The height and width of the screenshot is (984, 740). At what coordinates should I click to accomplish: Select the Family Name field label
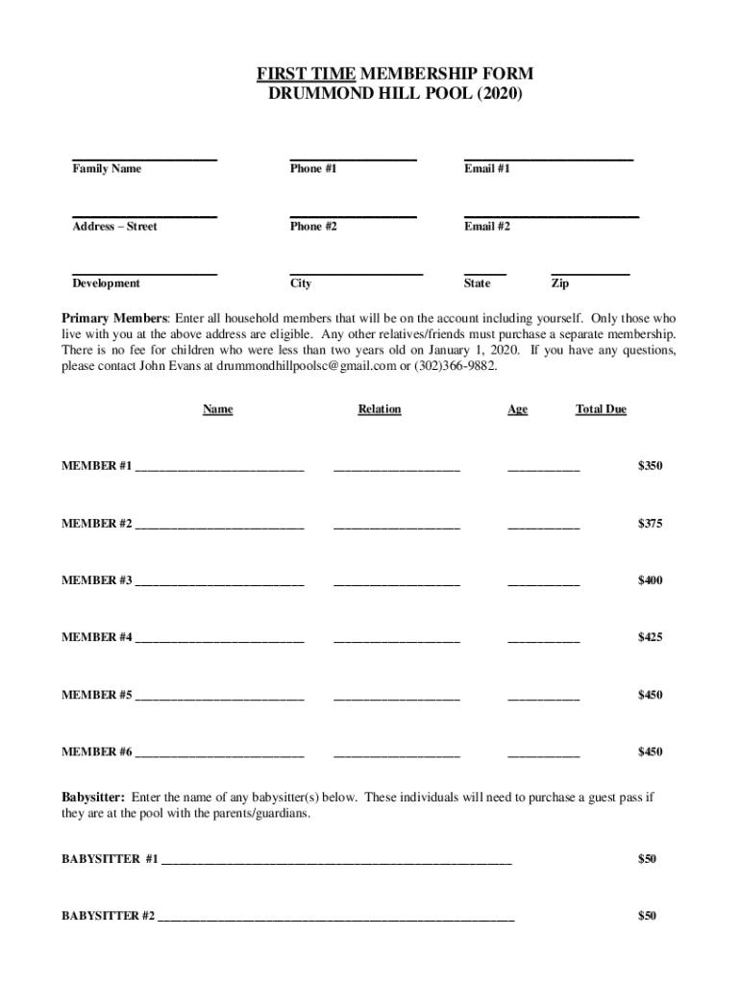107,169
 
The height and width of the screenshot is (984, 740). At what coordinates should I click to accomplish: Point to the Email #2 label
487,227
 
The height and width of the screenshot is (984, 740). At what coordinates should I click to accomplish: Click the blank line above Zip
590,273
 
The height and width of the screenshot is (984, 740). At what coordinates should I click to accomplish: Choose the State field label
477,283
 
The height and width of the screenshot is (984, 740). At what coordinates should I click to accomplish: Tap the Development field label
106,283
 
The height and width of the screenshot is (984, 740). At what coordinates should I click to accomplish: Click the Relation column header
380,409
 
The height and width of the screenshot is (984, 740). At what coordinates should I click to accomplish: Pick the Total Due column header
601,409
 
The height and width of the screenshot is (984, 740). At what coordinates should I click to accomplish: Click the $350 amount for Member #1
651,466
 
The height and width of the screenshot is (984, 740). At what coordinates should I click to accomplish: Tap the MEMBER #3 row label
97,580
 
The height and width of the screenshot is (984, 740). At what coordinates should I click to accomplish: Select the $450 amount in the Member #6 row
651,751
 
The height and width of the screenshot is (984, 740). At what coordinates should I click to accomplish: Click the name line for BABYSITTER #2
335,920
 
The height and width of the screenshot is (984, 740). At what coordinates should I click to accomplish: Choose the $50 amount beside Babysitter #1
647,859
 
